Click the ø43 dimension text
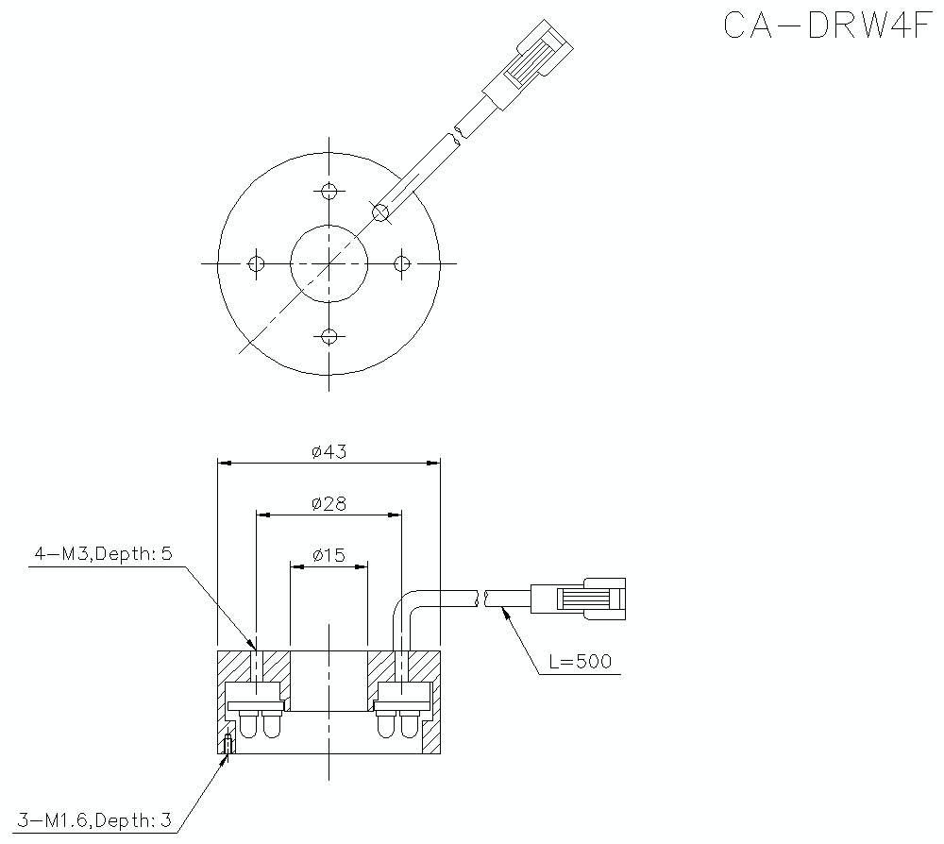click(329, 451)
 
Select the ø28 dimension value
click(329, 504)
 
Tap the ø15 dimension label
click(329, 555)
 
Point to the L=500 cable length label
click(580, 662)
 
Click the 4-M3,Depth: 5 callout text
click(103, 554)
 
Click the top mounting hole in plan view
click(329, 192)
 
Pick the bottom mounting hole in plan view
click(329, 336)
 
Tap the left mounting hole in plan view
click(255, 263)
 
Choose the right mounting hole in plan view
click(401, 263)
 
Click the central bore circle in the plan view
click(329, 263)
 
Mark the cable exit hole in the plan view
click(380, 212)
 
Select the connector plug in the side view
click(577, 599)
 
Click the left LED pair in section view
click(260, 723)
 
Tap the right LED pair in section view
click(397, 723)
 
